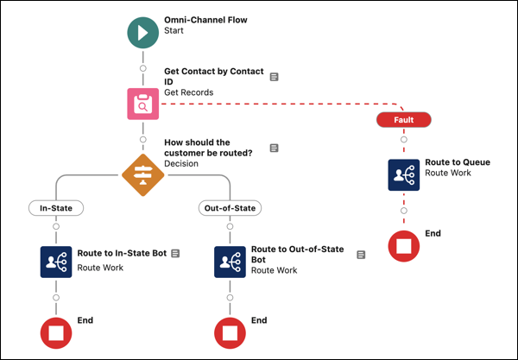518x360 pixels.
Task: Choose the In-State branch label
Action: (x=56, y=208)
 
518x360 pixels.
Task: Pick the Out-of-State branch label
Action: (x=231, y=208)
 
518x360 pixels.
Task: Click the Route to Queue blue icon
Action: (x=403, y=174)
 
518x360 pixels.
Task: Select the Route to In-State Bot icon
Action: (x=56, y=262)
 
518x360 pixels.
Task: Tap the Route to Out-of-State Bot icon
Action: (x=231, y=262)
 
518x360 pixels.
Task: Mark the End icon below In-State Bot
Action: (x=56, y=332)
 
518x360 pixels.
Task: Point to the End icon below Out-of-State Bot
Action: (x=231, y=332)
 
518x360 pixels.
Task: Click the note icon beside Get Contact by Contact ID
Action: (x=274, y=77)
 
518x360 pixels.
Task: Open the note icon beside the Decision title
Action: (x=274, y=148)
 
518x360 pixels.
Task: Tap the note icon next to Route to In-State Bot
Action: (x=175, y=253)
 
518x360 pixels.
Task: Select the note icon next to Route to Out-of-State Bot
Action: (x=360, y=254)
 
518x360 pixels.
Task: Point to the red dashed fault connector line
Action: (x=276, y=104)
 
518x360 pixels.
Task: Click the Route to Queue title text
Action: (x=458, y=162)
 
